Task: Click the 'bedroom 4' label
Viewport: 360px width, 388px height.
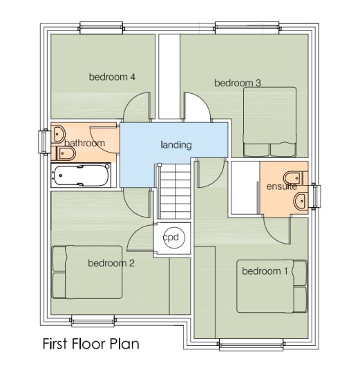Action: pyautogui.click(x=111, y=77)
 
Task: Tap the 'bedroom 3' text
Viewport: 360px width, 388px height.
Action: pyautogui.click(x=237, y=84)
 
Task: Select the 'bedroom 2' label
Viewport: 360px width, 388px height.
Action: pyautogui.click(x=111, y=263)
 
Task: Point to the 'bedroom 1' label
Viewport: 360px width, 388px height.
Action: pyautogui.click(x=264, y=271)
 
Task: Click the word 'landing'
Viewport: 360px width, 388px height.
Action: pyautogui.click(x=176, y=145)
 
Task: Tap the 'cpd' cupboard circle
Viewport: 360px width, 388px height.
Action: pyautogui.click(x=171, y=237)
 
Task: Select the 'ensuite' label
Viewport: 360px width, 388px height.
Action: pyautogui.click(x=281, y=186)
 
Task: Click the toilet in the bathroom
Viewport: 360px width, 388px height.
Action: pyautogui.click(x=64, y=151)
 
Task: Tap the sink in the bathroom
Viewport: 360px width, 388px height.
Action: pyautogui.click(x=58, y=132)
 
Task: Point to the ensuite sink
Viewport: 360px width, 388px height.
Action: pyautogui.click(x=299, y=201)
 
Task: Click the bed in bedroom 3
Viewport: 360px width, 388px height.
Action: pyautogui.click(x=269, y=122)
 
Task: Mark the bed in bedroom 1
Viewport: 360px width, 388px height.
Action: pyautogui.click(x=272, y=286)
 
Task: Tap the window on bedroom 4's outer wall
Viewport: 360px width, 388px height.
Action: pyautogui.click(x=102, y=28)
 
